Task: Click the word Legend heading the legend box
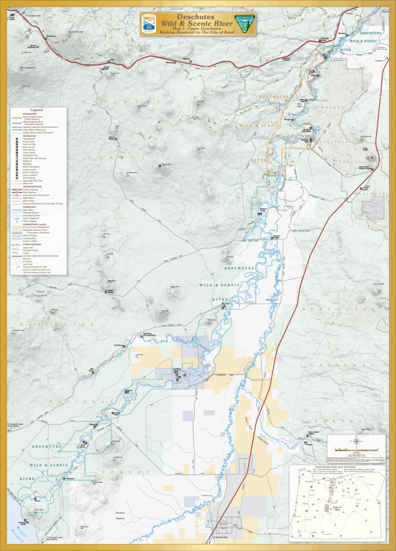point(36,110)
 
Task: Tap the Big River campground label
point(226,303)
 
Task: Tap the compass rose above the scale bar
point(357,440)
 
